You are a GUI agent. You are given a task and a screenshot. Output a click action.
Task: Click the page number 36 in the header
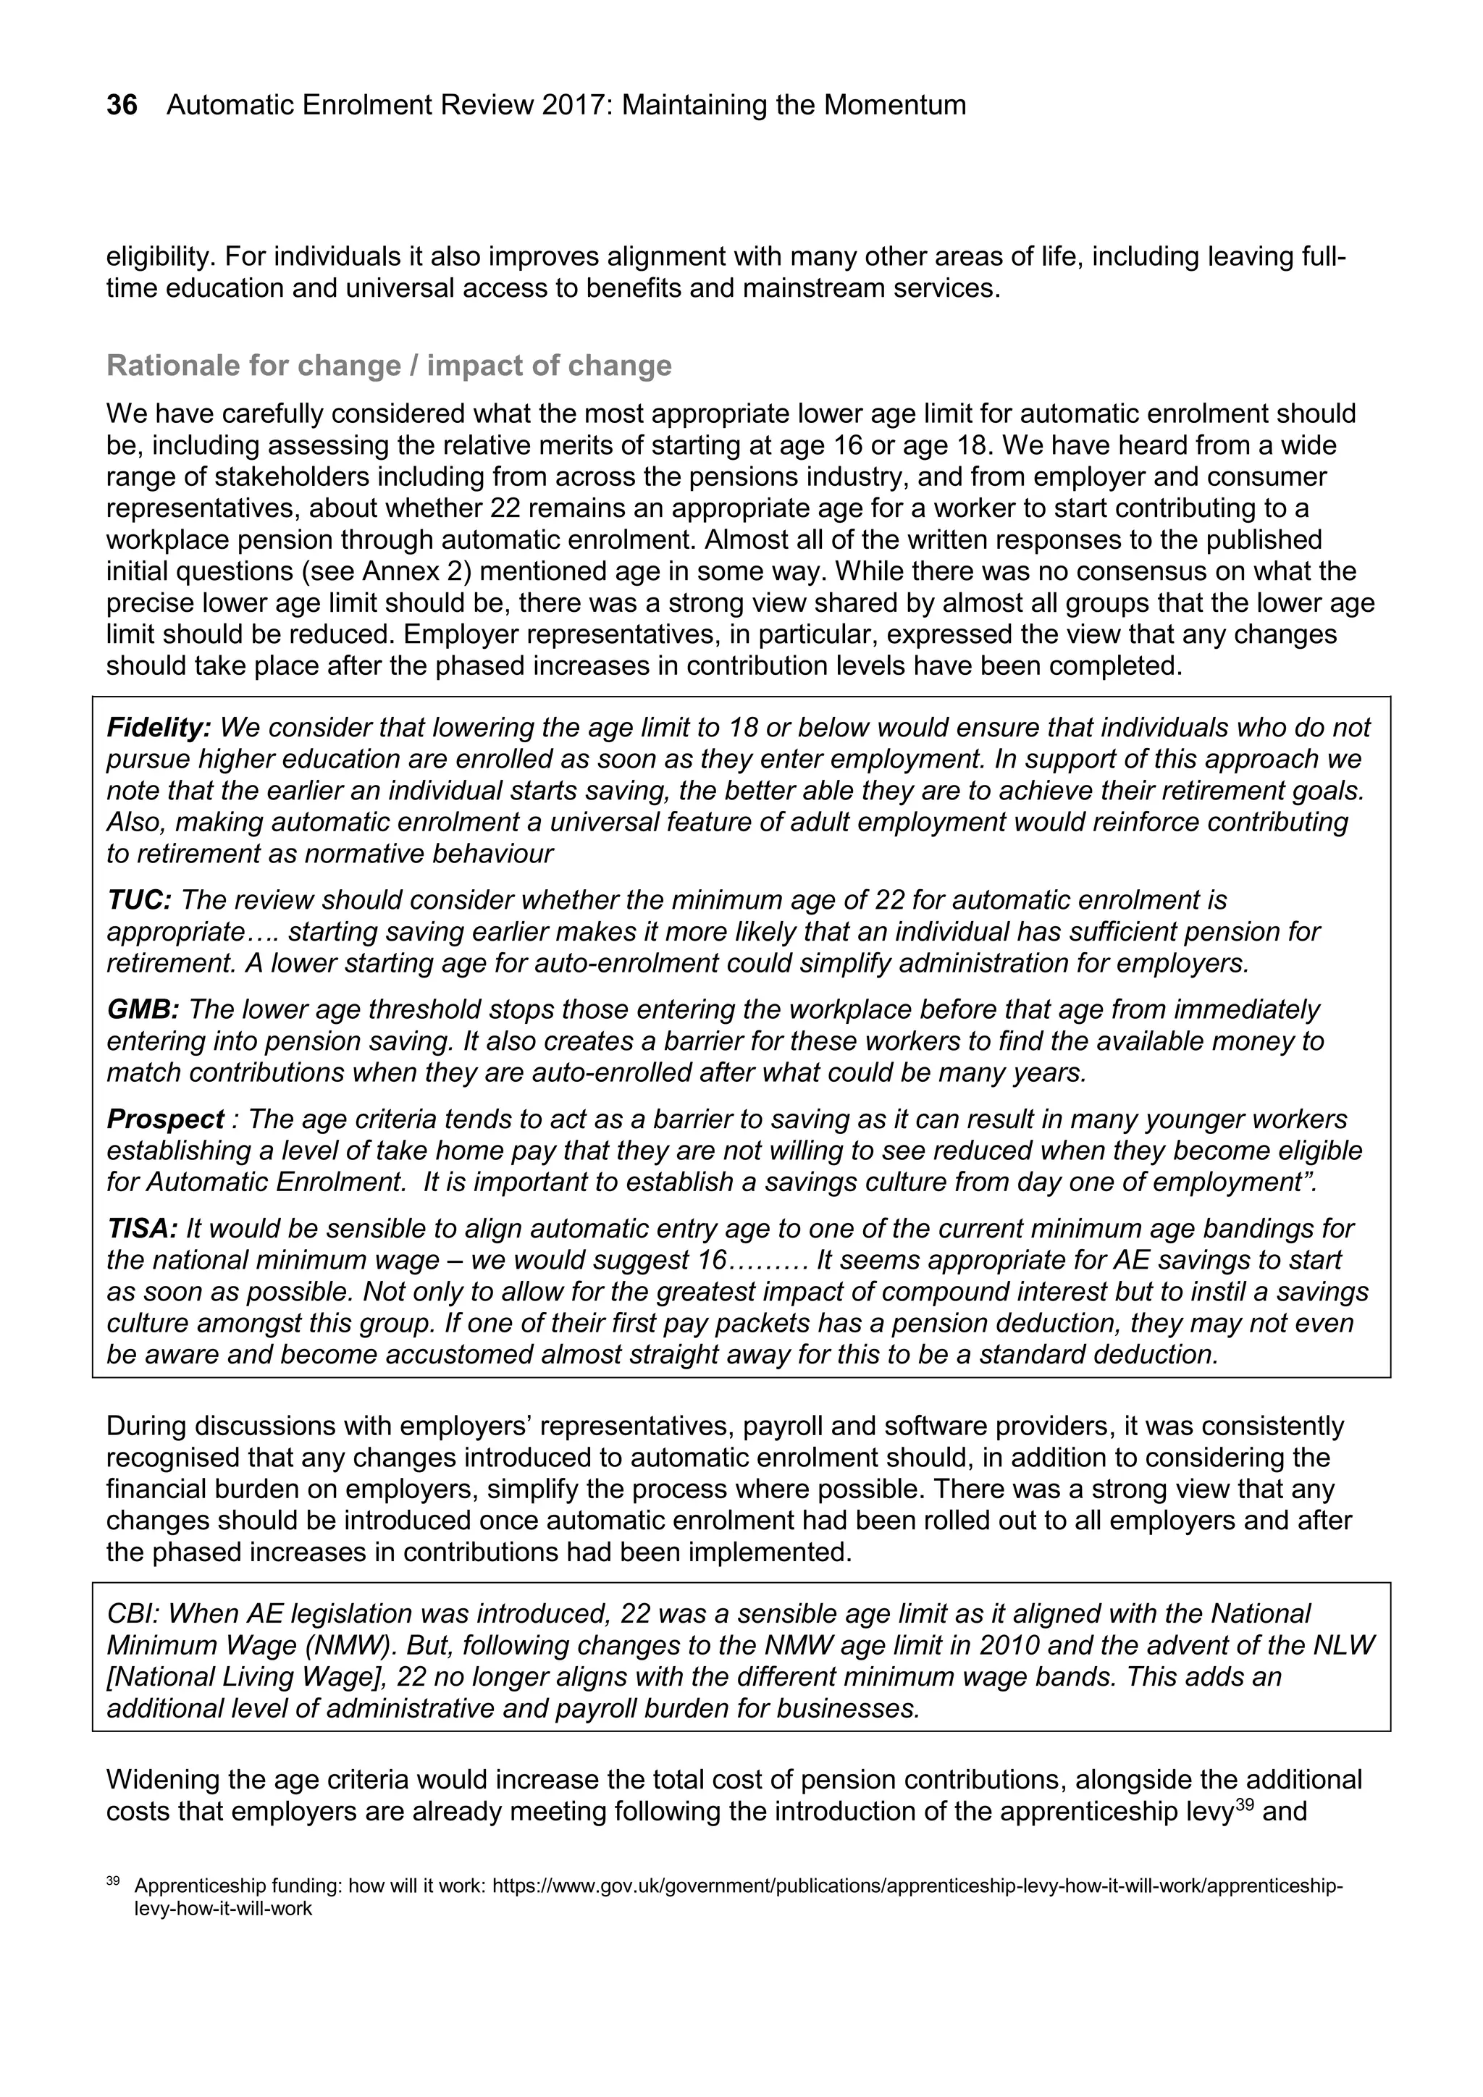coord(122,105)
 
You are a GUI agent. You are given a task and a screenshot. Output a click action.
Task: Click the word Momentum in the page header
coord(894,105)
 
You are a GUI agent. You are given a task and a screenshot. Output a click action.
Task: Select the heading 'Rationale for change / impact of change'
coord(389,366)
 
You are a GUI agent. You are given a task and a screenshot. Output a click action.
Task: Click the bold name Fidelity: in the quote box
coord(159,728)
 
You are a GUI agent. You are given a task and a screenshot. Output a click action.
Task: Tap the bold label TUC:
coord(139,901)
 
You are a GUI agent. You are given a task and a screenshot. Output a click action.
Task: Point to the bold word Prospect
coord(165,1119)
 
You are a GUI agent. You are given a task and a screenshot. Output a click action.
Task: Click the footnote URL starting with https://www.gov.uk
coord(917,1886)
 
